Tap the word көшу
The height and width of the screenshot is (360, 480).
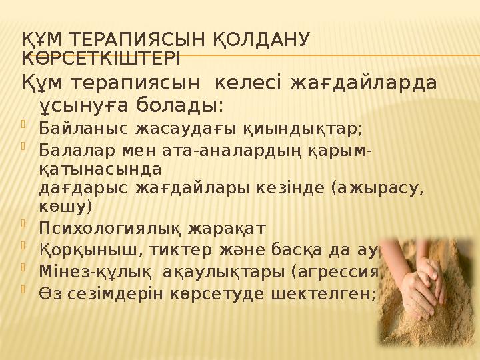coord(67,205)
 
